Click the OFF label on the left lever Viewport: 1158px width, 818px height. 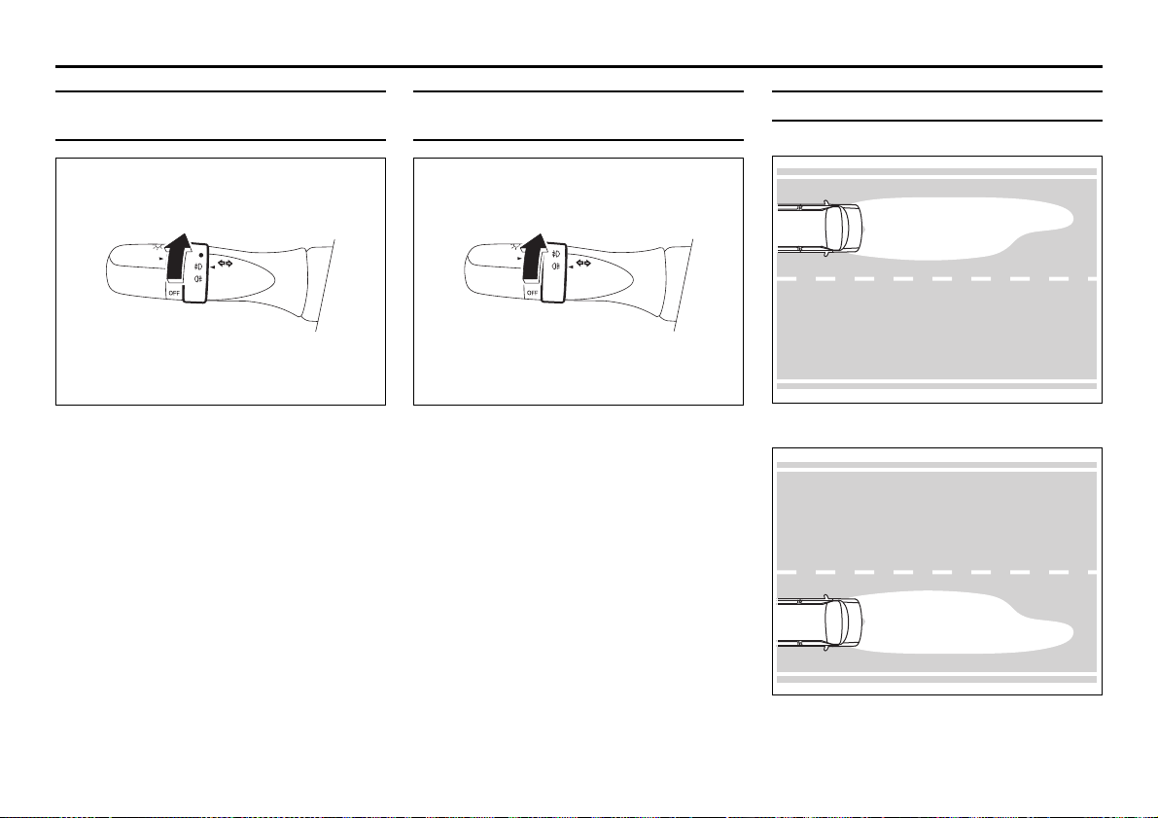click(x=174, y=293)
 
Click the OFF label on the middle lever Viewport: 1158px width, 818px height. click(x=532, y=293)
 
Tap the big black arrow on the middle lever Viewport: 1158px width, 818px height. click(x=533, y=257)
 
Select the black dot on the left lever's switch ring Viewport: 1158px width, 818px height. click(x=201, y=255)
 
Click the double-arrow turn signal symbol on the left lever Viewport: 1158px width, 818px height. click(x=226, y=264)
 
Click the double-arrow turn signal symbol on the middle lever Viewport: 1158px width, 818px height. click(x=583, y=263)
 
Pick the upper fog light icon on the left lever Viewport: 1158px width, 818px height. click(x=197, y=267)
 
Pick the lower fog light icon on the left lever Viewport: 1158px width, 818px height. click(x=197, y=278)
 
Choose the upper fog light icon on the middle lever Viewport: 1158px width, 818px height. click(x=555, y=254)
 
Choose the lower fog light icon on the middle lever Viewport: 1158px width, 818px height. click(x=555, y=266)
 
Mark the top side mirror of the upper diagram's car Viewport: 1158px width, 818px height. click(x=825, y=201)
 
